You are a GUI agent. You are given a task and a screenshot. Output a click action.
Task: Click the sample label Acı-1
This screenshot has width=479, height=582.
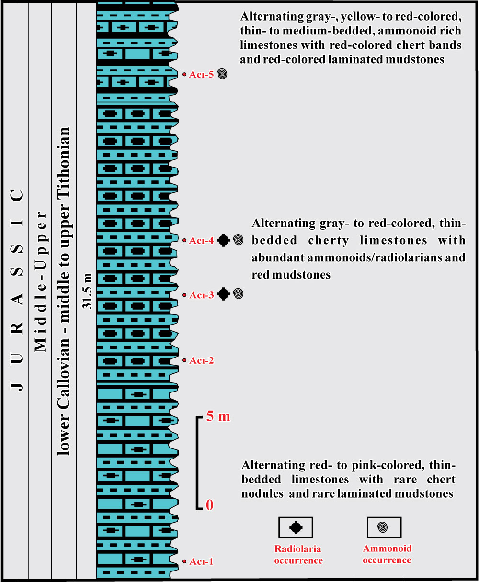201,562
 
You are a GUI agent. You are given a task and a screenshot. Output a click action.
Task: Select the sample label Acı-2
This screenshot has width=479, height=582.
201,360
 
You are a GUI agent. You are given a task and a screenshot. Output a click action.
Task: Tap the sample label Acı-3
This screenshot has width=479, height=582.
201,295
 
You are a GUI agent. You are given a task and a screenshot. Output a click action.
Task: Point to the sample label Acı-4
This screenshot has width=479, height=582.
201,241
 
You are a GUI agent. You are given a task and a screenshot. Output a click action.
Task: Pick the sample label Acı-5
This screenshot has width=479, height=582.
201,75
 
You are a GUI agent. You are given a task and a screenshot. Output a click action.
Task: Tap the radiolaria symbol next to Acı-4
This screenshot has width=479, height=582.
223,240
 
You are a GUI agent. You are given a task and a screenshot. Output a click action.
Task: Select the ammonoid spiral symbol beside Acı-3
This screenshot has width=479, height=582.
239,294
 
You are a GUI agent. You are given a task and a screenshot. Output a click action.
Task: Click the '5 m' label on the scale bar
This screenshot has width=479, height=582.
218,416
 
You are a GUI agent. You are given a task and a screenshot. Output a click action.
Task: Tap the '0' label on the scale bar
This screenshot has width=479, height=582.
209,505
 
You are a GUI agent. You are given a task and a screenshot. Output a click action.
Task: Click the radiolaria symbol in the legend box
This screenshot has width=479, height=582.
296,527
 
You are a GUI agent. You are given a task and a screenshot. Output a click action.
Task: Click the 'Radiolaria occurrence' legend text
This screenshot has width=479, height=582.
298,555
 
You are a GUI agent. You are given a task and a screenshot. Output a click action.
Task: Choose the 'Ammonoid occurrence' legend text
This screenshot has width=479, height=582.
387,554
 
